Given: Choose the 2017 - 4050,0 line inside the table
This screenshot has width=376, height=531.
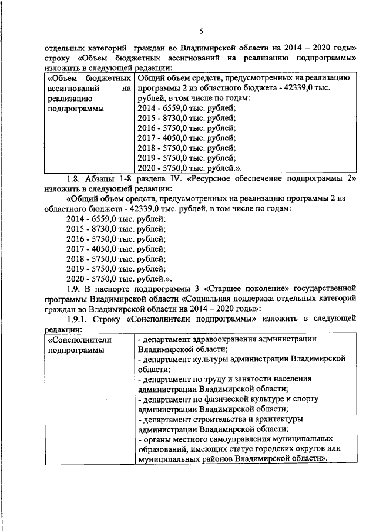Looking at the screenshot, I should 186,137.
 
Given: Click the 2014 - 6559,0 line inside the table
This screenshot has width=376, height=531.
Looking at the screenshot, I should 186,107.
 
